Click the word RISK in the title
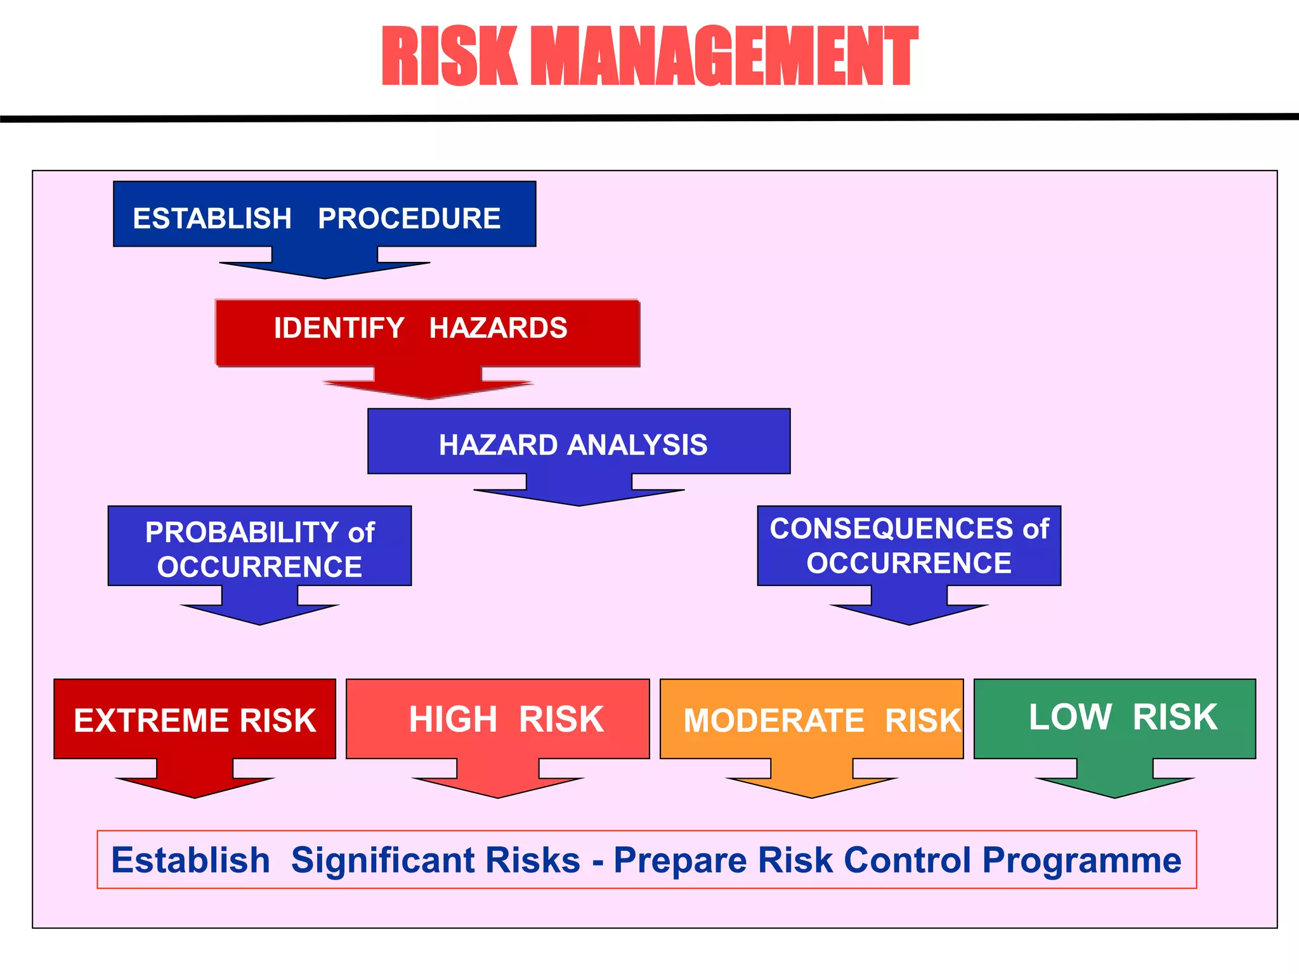click(x=449, y=57)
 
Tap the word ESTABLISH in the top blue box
click(x=212, y=219)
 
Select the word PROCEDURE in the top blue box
click(x=409, y=219)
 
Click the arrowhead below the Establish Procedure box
click(x=325, y=268)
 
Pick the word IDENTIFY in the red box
click(x=339, y=328)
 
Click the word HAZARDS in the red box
click(x=498, y=328)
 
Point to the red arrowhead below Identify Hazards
click(x=428, y=388)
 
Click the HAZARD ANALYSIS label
click(x=573, y=445)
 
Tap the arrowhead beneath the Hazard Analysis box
click(x=578, y=495)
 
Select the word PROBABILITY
click(x=242, y=533)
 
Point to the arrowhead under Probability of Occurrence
click(x=259, y=613)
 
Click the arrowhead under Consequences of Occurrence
click(x=909, y=613)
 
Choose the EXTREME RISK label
click(x=195, y=721)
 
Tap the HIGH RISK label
click(x=506, y=720)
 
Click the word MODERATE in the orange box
click(x=774, y=722)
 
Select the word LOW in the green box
click(x=1070, y=717)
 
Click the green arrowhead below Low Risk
click(x=1114, y=786)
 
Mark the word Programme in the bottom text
click(x=1081, y=860)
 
